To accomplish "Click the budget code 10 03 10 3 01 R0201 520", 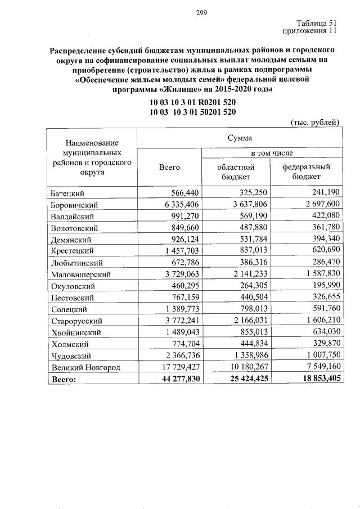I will tap(192, 103).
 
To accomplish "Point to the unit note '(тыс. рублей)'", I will tap(315, 121).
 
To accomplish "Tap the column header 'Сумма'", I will tap(240, 138).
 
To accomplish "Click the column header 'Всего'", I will tap(169, 167).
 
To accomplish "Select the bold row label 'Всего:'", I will tap(64, 380).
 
